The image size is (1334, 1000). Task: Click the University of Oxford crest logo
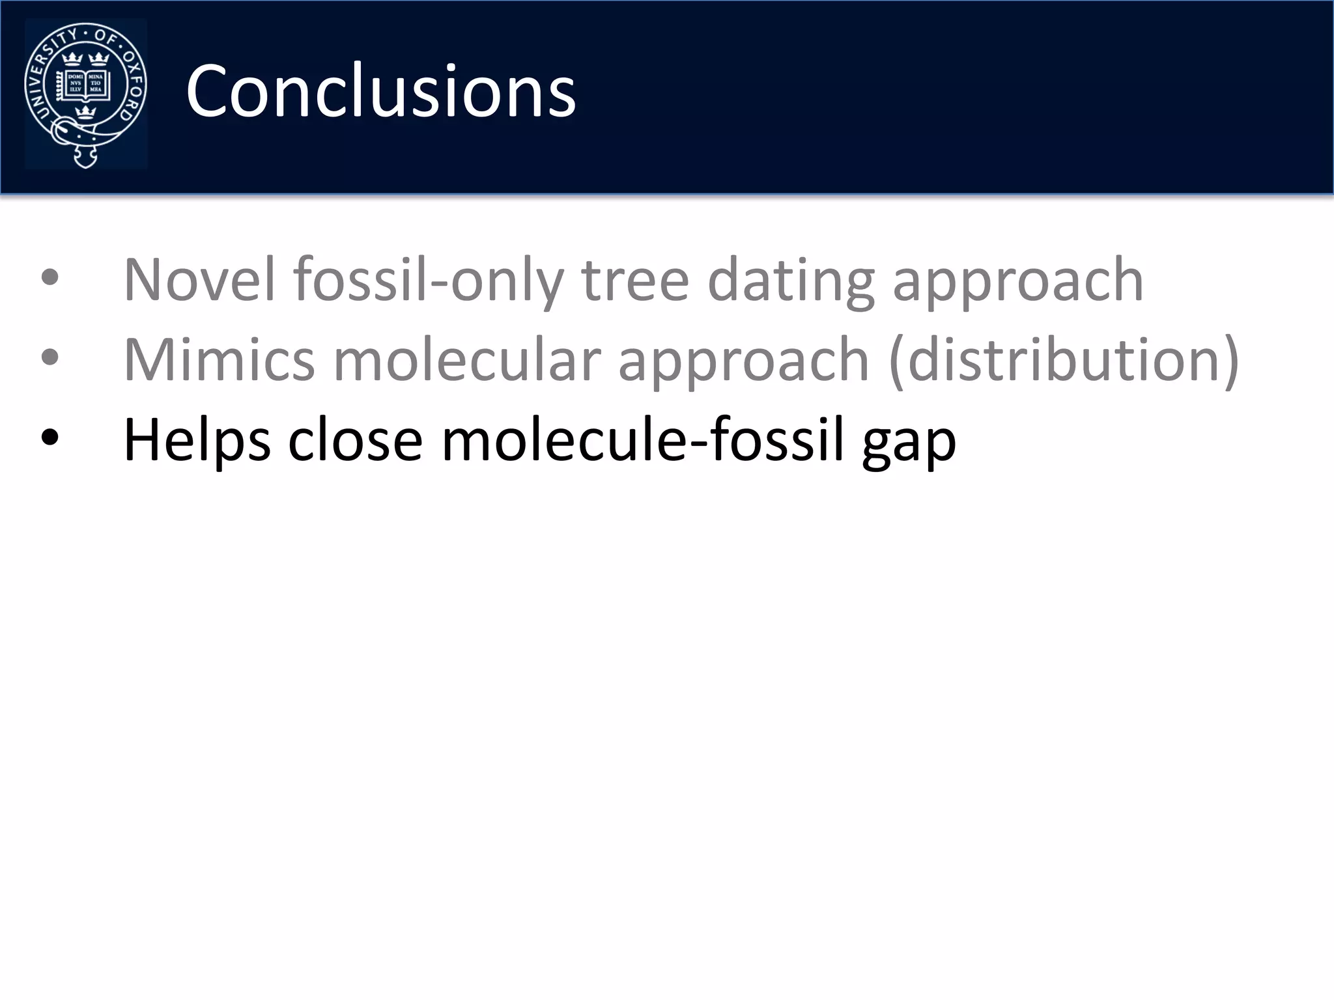(85, 93)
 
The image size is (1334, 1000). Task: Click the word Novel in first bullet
(199, 280)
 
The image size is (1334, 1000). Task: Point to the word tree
(635, 280)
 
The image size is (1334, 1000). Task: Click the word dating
(790, 280)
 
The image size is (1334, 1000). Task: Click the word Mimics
(219, 360)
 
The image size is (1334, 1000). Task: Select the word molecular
(466, 360)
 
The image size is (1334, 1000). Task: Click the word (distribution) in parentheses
(1064, 360)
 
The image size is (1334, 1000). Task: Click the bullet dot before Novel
(50, 278)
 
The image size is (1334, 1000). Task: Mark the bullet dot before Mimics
(50, 357)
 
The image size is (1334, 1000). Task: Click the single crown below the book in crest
(85, 112)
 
